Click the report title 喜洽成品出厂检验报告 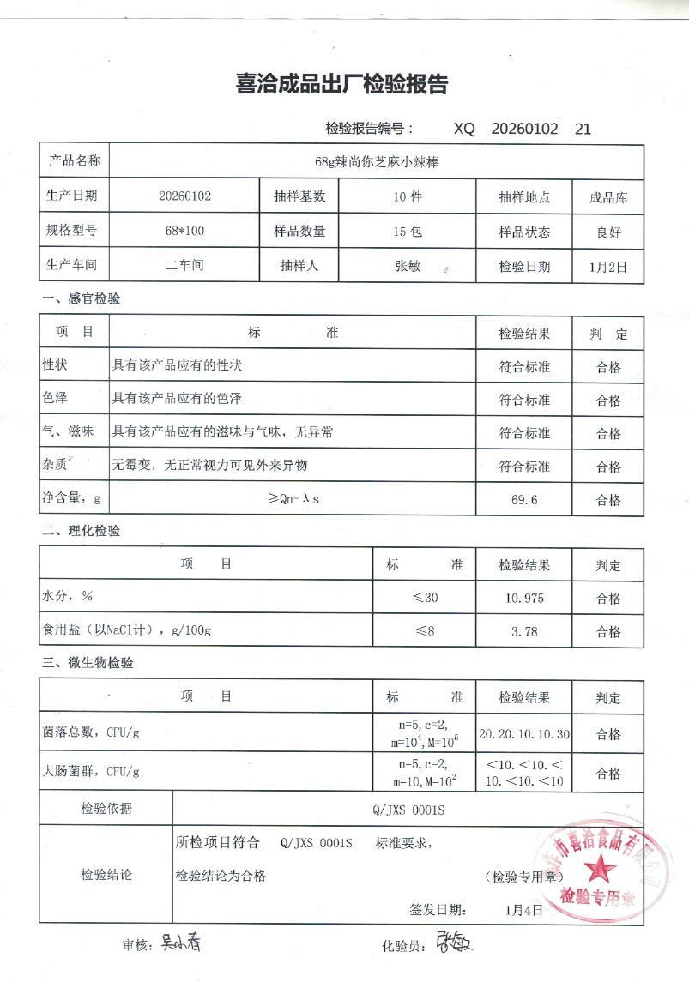click(341, 85)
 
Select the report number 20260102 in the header click(525, 129)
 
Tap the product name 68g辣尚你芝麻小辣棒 click(377, 160)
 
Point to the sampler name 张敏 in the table click(407, 266)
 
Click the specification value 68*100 click(184, 231)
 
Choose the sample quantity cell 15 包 click(407, 231)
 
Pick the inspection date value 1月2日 click(608, 267)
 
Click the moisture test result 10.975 click(524, 598)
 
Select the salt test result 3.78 click(524, 631)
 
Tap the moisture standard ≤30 click(425, 598)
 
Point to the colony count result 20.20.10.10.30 click(524, 734)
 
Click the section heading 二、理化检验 click(82, 531)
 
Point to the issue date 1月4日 click(524, 909)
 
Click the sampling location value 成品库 click(608, 196)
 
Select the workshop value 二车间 click(184, 266)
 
